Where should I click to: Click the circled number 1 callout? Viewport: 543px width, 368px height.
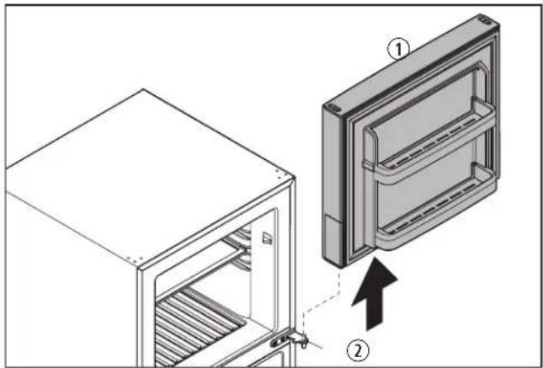[x=398, y=50]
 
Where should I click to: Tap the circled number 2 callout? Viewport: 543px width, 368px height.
[x=358, y=352]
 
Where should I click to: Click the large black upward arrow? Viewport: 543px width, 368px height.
[x=375, y=294]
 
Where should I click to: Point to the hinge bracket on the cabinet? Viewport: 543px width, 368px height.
[x=301, y=340]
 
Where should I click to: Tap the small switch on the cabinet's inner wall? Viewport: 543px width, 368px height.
[x=267, y=238]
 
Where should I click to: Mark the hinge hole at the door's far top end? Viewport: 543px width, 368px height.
[x=485, y=20]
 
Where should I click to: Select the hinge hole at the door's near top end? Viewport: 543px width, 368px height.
[x=334, y=108]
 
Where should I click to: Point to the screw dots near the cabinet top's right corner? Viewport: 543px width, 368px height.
[x=281, y=174]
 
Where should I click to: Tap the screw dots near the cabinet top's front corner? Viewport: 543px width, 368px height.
[x=135, y=259]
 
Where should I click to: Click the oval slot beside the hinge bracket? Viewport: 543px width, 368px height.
[x=277, y=343]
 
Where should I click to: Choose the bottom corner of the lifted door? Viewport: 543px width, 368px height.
[x=340, y=268]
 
